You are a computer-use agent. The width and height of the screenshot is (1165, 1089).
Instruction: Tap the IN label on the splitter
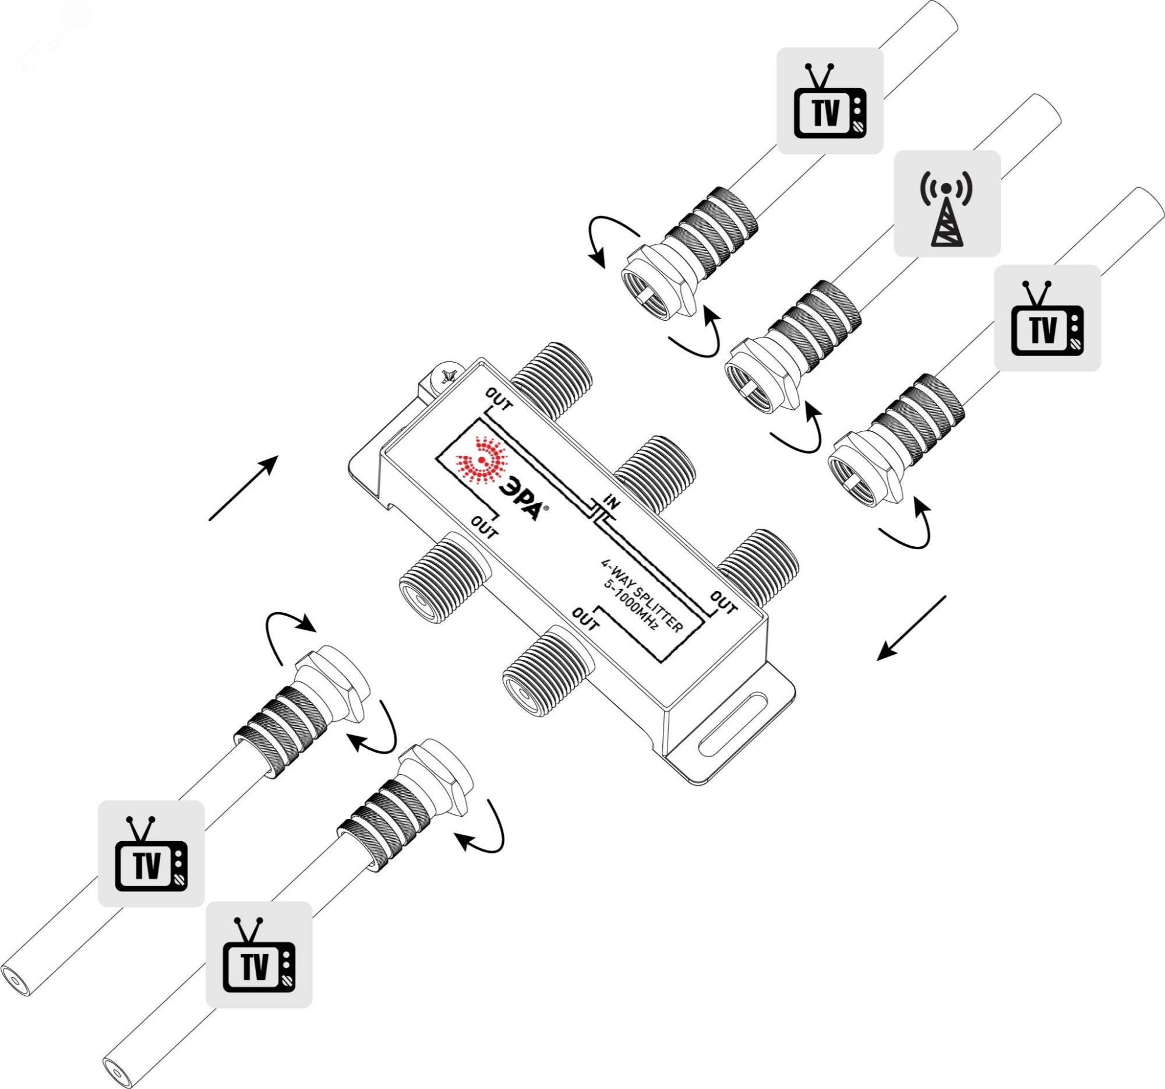coord(612,503)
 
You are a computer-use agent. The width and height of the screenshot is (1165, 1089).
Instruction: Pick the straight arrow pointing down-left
coord(910,628)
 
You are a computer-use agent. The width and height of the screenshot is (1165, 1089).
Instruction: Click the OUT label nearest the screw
coord(499,399)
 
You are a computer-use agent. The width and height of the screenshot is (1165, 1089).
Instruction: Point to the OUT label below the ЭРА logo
coord(484,526)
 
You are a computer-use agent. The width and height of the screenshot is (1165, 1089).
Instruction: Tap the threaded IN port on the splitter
coord(655,468)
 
